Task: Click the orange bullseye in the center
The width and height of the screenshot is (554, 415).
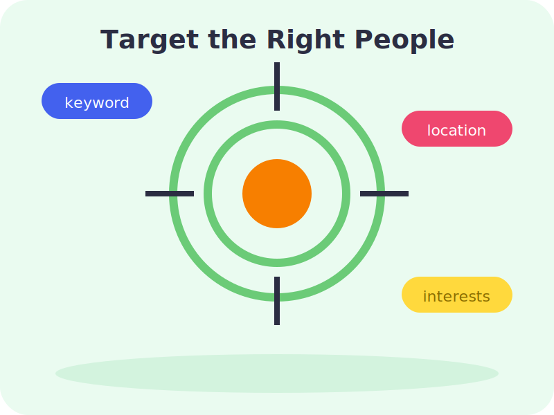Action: (x=277, y=194)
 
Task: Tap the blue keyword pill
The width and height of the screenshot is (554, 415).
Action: (x=97, y=101)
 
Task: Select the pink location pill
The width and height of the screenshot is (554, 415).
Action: (x=457, y=129)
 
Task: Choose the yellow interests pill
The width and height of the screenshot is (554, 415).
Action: (x=457, y=295)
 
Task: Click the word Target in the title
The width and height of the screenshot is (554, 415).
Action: (x=150, y=40)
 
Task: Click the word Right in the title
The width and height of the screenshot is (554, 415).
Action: (x=305, y=40)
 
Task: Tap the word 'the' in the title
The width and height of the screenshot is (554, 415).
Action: (x=232, y=39)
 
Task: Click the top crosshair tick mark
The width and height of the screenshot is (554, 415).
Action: (x=277, y=86)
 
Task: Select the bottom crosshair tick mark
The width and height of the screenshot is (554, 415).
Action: (x=277, y=301)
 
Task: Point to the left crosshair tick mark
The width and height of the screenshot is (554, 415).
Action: (x=170, y=194)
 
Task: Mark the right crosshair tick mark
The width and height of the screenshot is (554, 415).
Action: (x=384, y=194)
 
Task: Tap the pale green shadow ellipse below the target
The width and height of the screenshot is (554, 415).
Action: (x=277, y=373)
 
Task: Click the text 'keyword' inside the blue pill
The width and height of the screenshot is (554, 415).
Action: (x=97, y=102)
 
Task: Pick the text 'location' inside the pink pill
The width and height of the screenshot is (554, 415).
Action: (x=456, y=130)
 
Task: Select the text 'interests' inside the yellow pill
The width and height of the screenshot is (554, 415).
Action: (x=456, y=297)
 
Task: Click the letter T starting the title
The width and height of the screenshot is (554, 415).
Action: (x=109, y=39)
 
